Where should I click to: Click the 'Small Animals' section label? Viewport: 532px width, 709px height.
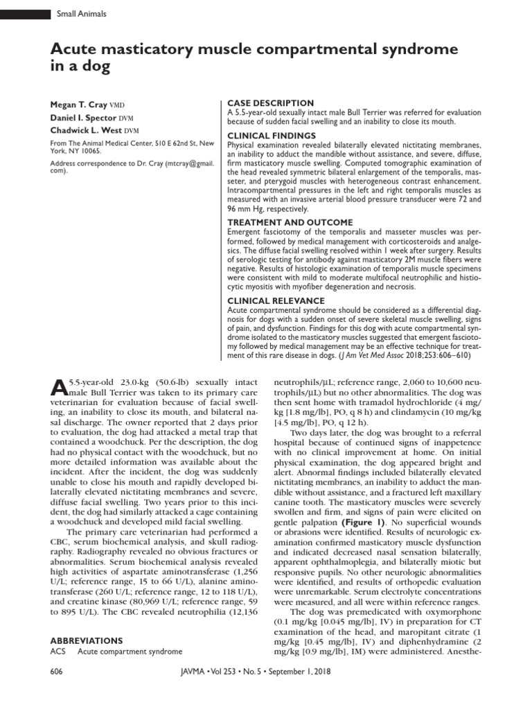[81, 13]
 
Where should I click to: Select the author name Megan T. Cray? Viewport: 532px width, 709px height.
[78, 105]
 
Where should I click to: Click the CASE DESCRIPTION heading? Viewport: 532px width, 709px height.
[270, 102]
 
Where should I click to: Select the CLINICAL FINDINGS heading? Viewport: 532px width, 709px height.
[272, 135]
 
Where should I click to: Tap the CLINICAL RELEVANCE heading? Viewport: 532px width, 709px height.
[276, 300]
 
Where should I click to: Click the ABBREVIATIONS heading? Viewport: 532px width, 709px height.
[86, 640]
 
